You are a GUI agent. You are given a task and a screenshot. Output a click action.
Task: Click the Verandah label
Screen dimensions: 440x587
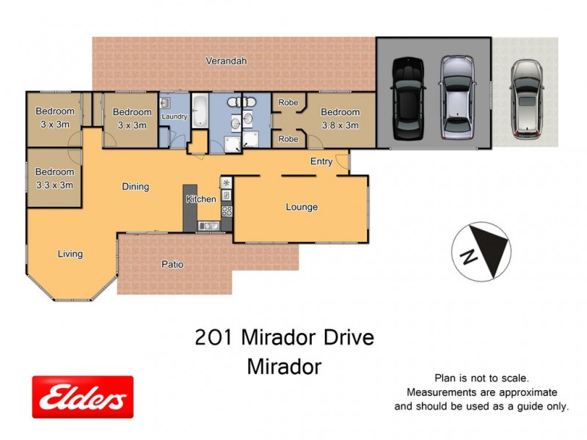226,62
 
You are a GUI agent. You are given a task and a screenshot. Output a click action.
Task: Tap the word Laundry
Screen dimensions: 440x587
175,117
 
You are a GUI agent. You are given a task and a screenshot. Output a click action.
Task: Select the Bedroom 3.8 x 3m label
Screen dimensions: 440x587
340,118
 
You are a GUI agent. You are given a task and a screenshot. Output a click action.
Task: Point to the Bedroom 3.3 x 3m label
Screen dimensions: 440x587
54,179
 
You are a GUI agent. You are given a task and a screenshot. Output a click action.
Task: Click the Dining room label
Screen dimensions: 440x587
135,187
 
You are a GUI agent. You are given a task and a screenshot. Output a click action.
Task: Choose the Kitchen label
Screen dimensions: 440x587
200,199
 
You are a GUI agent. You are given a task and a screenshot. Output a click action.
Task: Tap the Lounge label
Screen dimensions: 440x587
302,208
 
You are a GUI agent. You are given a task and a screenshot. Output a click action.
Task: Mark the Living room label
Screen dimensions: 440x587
70,254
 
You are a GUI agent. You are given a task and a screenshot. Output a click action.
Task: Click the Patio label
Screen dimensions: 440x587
173,265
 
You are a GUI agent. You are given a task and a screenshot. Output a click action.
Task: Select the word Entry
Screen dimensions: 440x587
321,161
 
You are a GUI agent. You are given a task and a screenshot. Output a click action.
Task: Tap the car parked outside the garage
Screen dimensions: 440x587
525,98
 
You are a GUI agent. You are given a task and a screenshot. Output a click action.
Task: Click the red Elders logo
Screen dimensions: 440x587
82,397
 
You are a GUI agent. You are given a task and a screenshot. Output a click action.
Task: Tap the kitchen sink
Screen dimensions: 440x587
207,226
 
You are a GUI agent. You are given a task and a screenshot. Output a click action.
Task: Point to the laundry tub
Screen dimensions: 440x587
165,103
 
